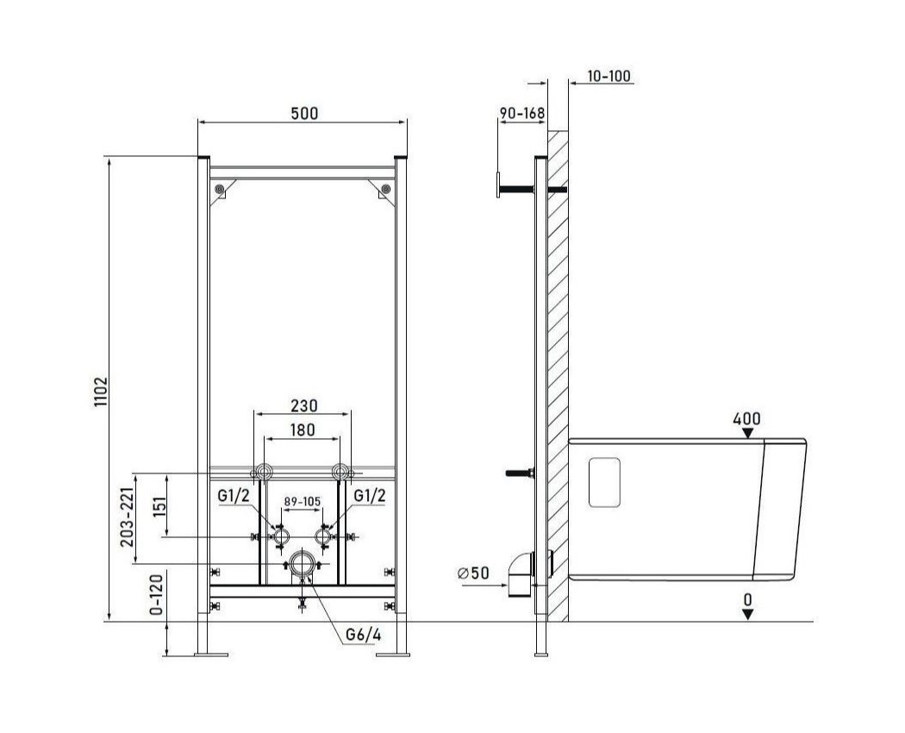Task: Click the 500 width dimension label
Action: (304, 113)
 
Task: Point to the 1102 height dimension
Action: (101, 392)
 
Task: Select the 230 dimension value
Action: (303, 406)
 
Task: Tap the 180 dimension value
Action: (303, 429)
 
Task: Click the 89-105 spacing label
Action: (303, 501)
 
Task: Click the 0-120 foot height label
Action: (157, 592)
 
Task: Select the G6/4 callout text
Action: (363, 634)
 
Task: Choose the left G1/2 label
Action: (234, 496)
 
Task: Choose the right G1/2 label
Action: (370, 496)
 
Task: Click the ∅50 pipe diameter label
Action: (472, 573)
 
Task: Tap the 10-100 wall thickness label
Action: (609, 76)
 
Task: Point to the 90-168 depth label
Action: (521, 113)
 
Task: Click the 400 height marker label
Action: (747, 418)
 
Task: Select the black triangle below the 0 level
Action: (748, 615)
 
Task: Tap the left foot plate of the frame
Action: (210, 655)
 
